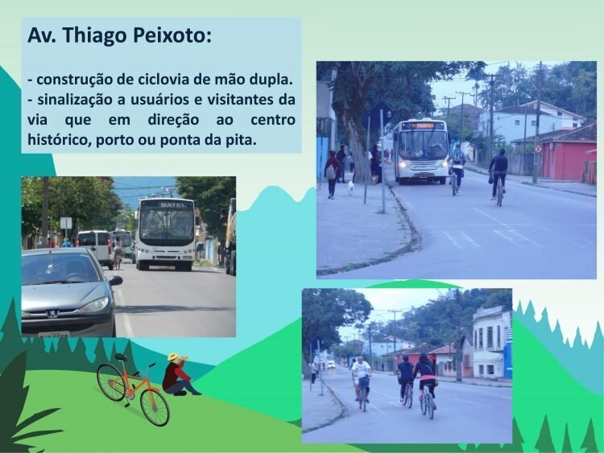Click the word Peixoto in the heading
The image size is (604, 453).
click(172, 35)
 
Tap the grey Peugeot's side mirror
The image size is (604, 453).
click(115, 281)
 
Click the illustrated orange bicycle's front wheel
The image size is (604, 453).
click(155, 408)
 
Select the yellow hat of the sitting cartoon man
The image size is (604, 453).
click(172, 356)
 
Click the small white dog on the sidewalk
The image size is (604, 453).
click(350, 187)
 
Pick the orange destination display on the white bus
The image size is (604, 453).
click(422, 126)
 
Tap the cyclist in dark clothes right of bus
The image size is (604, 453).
click(499, 175)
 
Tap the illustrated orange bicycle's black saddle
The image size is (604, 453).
click(121, 356)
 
